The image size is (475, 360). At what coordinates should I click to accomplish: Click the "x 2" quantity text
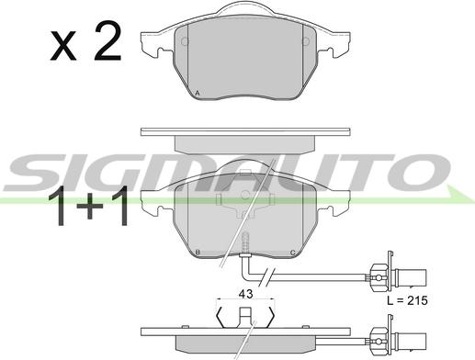[86, 41]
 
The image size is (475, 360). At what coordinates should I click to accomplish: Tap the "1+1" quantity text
[88, 206]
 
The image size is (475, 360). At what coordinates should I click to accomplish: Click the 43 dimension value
[245, 294]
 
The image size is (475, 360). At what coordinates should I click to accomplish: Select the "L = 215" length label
[407, 300]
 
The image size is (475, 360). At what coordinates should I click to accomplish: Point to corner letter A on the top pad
[198, 93]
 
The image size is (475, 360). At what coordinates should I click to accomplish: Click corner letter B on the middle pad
[198, 253]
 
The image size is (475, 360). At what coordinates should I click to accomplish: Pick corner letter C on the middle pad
[292, 253]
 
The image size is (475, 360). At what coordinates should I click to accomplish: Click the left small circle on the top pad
[185, 41]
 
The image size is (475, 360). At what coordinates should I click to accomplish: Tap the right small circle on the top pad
[306, 41]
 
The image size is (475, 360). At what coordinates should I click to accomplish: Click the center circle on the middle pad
[245, 195]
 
